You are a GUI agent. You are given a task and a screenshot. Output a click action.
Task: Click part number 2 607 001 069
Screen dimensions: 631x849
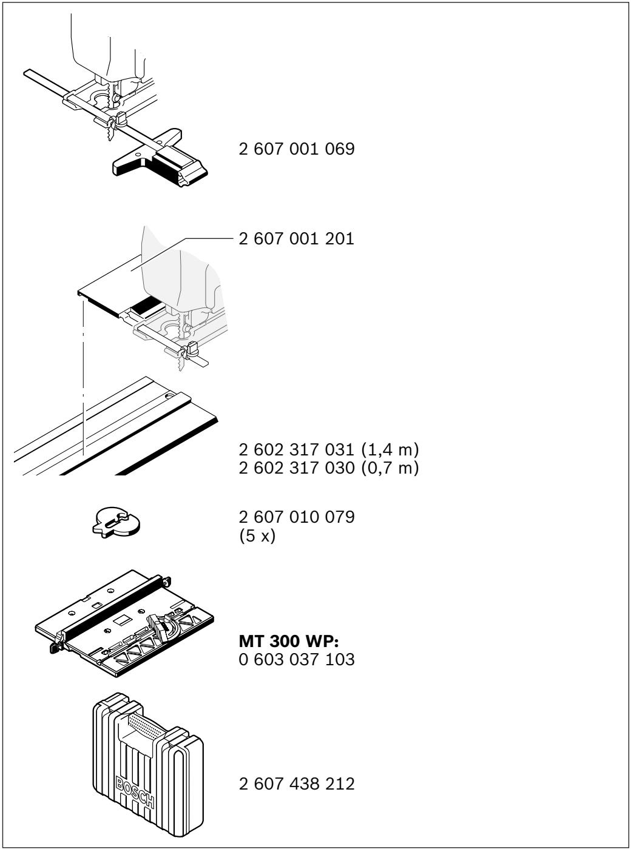point(297,149)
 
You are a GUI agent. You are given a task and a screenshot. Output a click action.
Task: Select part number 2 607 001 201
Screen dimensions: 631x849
point(297,239)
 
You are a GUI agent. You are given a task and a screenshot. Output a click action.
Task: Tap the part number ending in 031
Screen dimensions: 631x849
point(297,449)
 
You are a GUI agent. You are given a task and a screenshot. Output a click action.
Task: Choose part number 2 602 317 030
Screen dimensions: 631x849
point(297,468)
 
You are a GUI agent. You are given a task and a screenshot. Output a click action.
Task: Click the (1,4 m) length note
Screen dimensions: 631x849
point(390,450)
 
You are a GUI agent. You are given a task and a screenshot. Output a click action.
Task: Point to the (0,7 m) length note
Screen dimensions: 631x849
point(390,468)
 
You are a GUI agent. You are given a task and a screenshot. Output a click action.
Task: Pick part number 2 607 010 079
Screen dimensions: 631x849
point(297,517)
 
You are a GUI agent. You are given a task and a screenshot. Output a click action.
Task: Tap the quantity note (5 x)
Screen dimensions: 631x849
point(257,535)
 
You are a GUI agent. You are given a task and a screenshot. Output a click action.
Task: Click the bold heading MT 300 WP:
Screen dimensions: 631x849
point(289,641)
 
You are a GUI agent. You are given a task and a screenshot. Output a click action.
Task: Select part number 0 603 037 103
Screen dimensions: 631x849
point(297,659)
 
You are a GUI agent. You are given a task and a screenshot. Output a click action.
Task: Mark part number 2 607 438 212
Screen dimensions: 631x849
point(297,784)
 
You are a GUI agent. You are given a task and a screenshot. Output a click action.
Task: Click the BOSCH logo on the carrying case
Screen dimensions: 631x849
point(135,793)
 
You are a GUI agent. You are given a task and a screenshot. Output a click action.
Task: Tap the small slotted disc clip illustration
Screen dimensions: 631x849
point(116,522)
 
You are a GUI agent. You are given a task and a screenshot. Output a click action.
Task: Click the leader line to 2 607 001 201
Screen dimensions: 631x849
point(181,253)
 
